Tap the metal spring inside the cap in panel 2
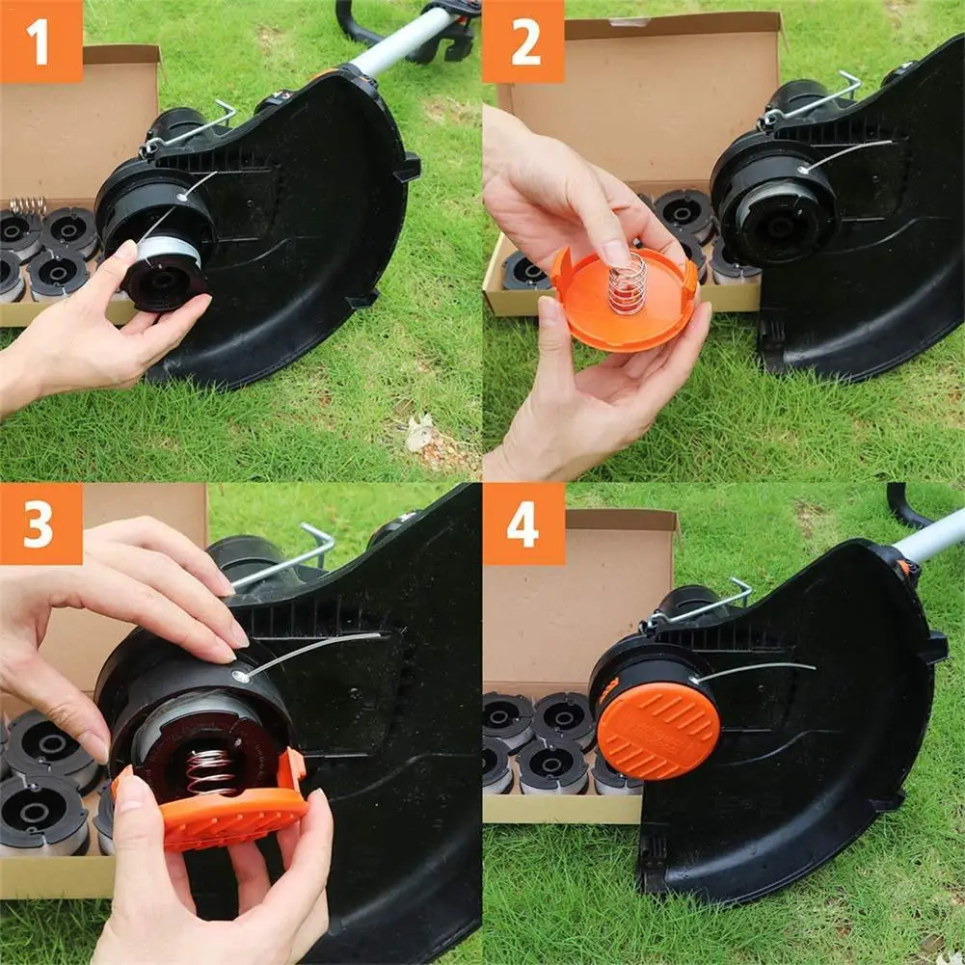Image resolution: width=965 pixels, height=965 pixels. (x=628, y=282)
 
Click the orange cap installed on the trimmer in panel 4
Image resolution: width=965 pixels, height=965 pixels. (x=657, y=730)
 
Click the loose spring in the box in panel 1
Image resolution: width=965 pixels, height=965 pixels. (x=29, y=204)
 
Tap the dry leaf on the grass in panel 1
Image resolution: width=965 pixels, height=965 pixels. (x=419, y=434)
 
